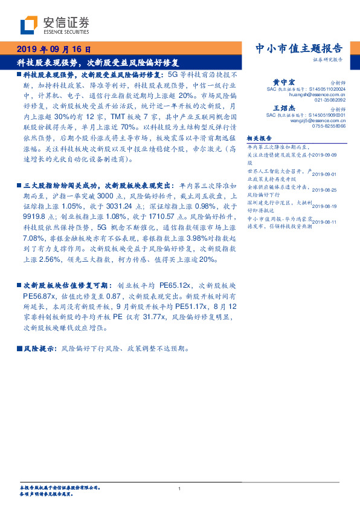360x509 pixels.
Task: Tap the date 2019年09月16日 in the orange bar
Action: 53,50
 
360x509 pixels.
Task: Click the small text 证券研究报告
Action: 329,60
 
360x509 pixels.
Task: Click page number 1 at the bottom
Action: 180,488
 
